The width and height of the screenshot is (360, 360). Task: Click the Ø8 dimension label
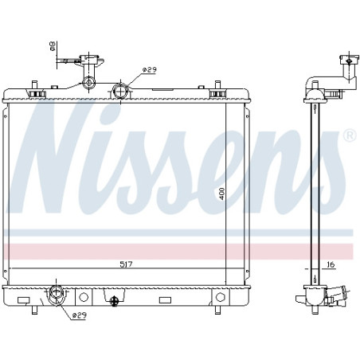point(53,46)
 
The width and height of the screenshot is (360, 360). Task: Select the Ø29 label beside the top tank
point(148,70)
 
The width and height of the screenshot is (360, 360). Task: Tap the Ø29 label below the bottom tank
point(79,316)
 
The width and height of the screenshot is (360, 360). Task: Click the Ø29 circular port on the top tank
point(120,92)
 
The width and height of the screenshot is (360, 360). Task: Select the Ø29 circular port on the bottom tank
point(57,295)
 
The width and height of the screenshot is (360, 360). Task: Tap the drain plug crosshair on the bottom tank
point(115,300)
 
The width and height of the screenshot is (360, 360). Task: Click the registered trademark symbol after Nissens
point(348,136)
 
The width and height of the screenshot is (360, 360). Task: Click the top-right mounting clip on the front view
point(215,93)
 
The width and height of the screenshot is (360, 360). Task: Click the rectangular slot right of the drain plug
point(165,299)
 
